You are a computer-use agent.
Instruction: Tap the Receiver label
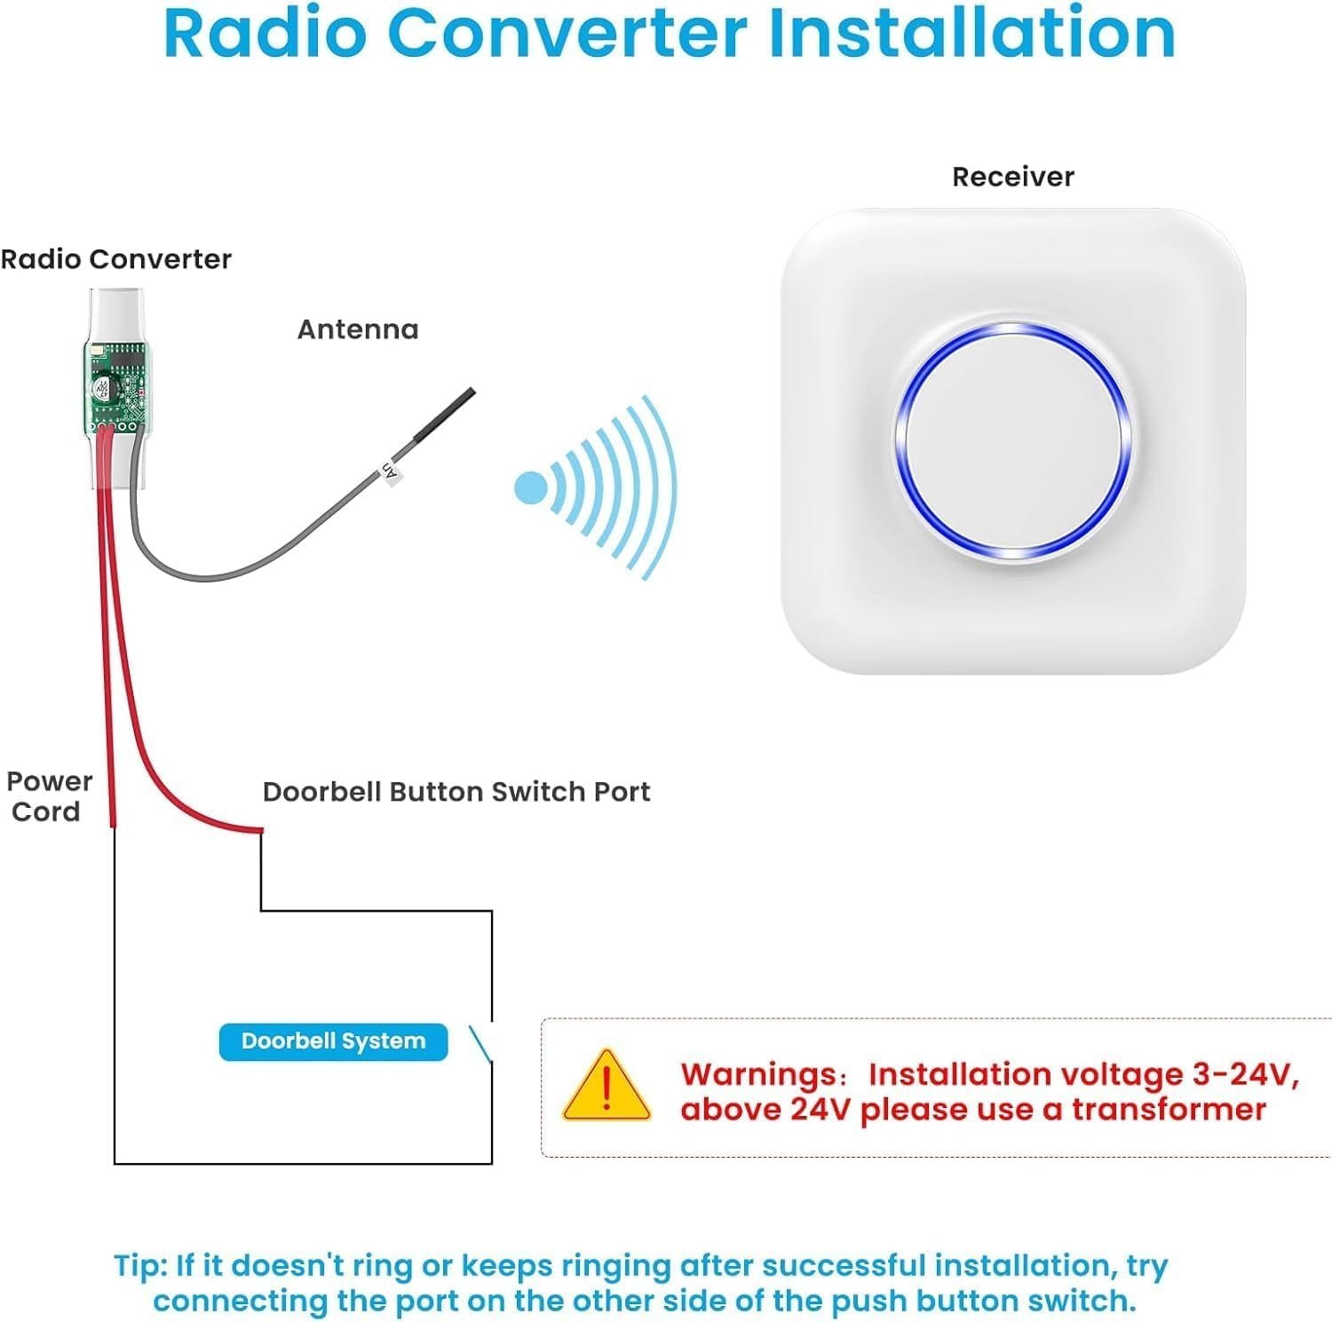point(1012,177)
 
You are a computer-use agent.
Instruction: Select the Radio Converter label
point(115,259)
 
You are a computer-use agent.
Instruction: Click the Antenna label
point(357,329)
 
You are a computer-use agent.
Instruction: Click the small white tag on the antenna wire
point(389,471)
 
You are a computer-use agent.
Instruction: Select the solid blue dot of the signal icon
point(531,487)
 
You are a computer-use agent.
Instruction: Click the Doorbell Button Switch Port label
point(456,792)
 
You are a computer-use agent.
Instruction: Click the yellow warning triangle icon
point(607,1088)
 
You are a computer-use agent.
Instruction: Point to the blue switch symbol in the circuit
point(480,1043)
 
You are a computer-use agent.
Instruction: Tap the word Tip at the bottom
point(138,1265)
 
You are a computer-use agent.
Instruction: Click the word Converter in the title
point(568,34)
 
